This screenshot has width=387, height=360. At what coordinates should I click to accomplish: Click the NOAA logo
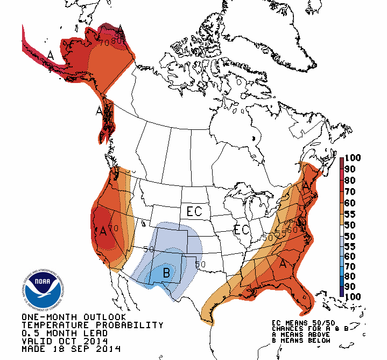point(40,289)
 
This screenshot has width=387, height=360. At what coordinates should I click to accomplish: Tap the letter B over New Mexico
point(166,273)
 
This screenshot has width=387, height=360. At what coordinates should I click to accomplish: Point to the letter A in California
point(103,231)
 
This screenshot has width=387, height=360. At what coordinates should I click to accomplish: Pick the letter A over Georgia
point(283,264)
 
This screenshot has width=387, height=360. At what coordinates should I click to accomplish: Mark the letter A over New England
point(306,186)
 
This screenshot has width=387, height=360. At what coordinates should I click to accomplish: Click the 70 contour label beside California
point(114,228)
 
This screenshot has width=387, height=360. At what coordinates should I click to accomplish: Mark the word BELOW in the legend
point(306,342)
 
